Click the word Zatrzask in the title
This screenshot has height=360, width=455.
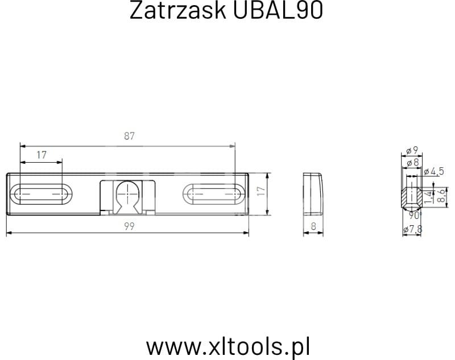pos(177,10)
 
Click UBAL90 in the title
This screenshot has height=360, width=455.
pos(278,10)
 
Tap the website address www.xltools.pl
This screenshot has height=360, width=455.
pos(228,347)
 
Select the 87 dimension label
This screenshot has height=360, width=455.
pos(130,136)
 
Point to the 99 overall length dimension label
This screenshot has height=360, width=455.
pos(130,226)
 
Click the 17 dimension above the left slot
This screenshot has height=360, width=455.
pos(42,155)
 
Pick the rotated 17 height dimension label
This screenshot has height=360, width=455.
pos(261,191)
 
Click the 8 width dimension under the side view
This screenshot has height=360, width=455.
pos(313,226)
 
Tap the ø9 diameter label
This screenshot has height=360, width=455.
pos(412,151)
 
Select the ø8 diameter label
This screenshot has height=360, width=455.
pos(413,163)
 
